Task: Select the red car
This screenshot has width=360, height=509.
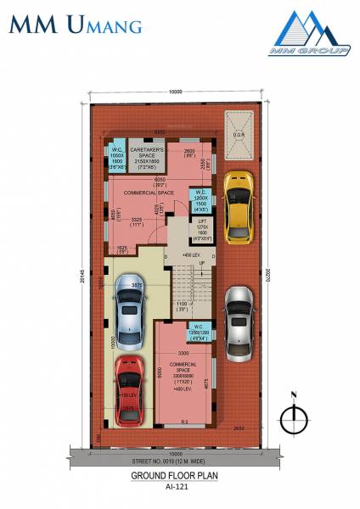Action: click(x=128, y=392)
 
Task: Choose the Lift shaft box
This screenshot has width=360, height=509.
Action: click(x=201, y=229)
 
